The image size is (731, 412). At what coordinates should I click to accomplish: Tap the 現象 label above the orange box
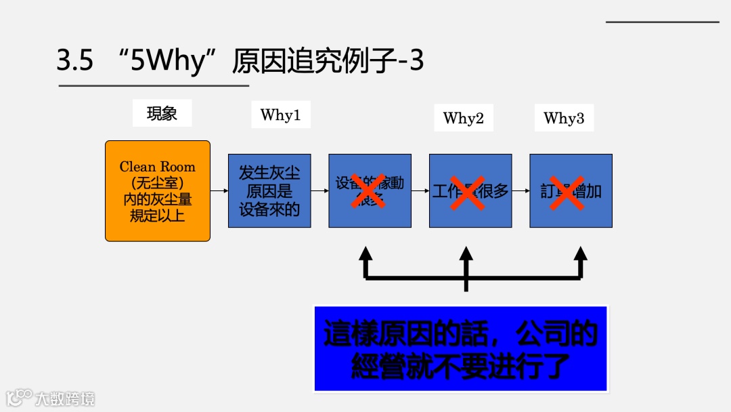tap(162, 113)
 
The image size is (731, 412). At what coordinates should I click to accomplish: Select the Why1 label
tap(280, 115)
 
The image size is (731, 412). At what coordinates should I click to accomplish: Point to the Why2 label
tap(463, 118)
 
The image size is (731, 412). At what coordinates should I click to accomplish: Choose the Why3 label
tap(563, 118)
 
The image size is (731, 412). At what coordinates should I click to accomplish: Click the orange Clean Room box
tap(157, 191)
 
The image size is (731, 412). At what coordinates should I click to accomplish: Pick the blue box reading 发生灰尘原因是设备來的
tap(269, 190)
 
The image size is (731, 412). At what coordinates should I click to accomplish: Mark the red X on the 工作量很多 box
tap(468, 191)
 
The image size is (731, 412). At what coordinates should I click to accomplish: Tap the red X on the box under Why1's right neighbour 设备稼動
tap(368, 191)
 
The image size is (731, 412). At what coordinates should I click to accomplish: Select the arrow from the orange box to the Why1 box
tap(219, 191)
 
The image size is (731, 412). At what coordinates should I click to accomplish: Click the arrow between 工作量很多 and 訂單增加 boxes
tap(520, 191)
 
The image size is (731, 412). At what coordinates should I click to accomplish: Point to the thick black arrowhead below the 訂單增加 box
tap(580, 255)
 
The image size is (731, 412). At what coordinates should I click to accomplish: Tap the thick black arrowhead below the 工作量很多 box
tap(466, 255)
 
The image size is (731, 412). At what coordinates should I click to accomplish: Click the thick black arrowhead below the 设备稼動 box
tap(365, 255)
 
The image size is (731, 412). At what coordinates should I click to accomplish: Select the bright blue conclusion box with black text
tap(460, 348)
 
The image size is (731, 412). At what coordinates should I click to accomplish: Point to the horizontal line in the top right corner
tap(662, 22)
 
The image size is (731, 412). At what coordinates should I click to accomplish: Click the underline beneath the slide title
tap(154, 86)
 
